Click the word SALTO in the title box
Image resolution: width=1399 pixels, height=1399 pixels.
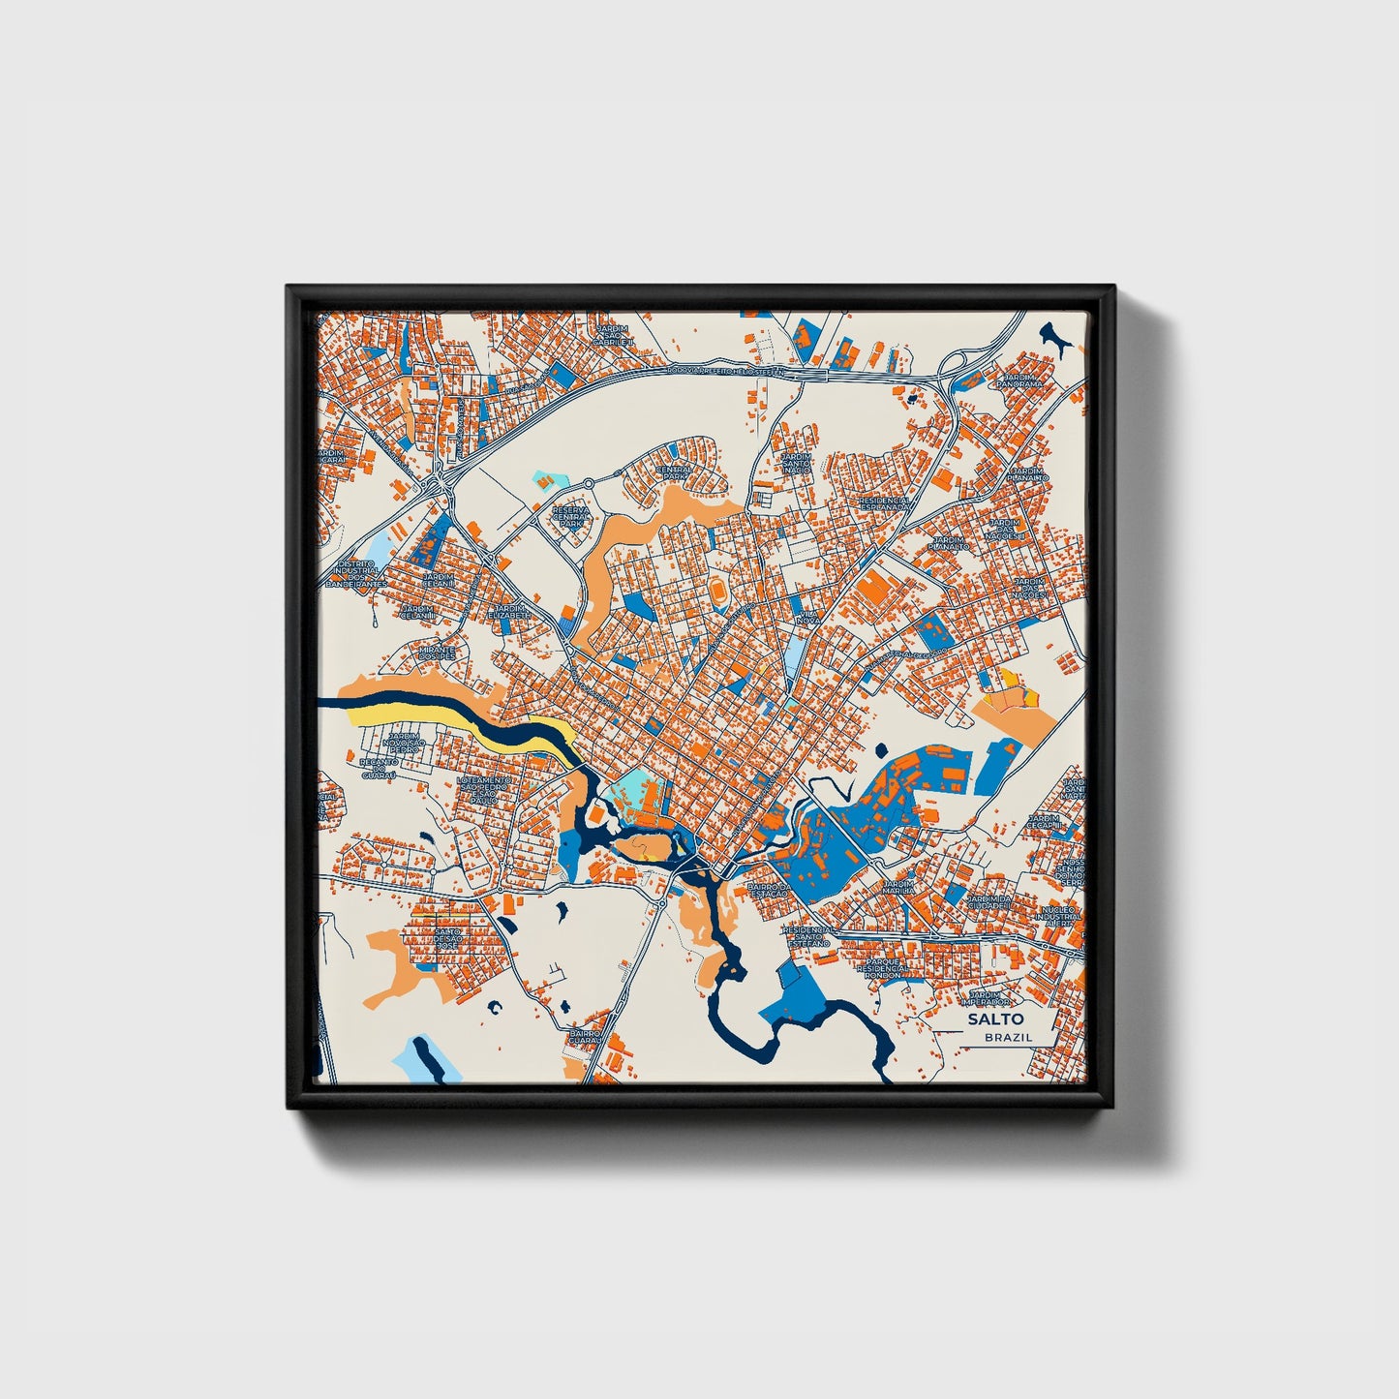coord(994,1019)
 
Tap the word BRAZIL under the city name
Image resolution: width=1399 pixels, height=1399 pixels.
coord(1008,1037)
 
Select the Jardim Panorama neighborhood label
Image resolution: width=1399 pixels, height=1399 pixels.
coord(1023,379)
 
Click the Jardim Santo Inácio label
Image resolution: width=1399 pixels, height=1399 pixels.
coord(796,463)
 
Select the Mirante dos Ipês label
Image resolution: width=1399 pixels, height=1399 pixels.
coord(436,654)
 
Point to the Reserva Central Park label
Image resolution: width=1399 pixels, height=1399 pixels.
coord(570,516)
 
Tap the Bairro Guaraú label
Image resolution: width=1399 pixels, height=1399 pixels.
coord(586,1038)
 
